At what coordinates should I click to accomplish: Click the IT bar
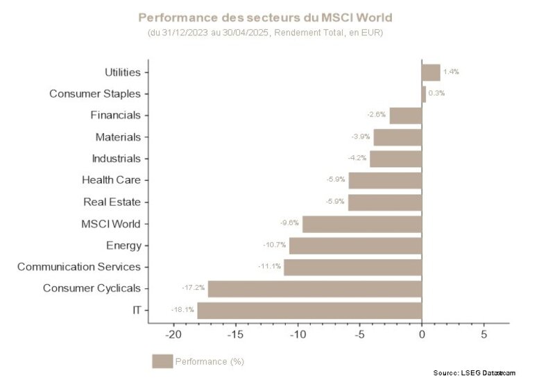[x=309, y=310]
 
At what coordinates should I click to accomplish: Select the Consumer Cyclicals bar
[x=315, y=288]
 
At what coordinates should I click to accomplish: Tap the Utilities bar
[x=431, y=72]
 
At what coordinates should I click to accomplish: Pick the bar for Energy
[x=355, y=245]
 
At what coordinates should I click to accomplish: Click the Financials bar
[x=406, y=115]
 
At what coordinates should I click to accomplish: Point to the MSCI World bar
[x=362, y=224]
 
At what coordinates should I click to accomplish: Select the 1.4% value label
[x=451, y=72]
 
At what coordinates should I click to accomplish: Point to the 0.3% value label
[x=436, y=94]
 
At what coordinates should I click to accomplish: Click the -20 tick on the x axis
[x=173, y=334]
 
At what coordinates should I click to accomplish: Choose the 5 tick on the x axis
[x=484, y=334]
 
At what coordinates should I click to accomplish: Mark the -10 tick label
[x=298, y=334]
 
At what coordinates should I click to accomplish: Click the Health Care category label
[x=111, y=180]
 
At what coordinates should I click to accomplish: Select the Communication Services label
[x=78, y=267]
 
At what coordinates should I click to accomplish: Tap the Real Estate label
[x=112, y=202]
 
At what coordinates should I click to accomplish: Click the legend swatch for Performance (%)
[x=162, y=361]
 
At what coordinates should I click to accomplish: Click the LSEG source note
[x=475, y=373]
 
